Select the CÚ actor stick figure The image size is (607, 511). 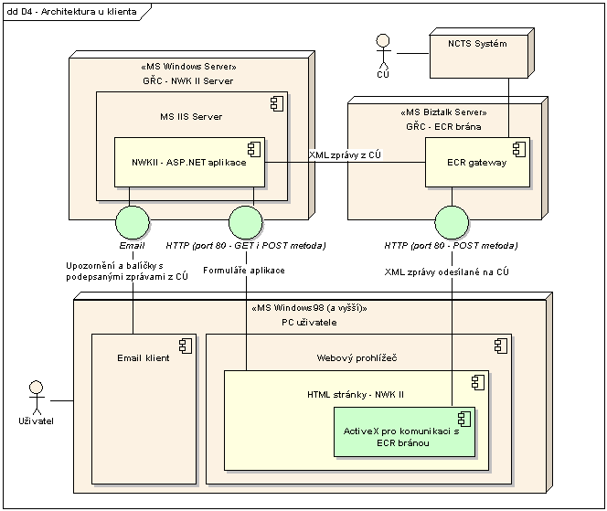tap(383, 54)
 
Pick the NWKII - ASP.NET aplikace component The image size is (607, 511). tap(189, 162)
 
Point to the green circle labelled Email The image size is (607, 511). tap(133, 222)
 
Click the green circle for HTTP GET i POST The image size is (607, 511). tap(245, 222)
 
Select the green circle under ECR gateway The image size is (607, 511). tap(453, 222)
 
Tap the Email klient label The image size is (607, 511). tap(144, 358)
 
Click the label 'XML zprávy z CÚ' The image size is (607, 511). tap(346, 156)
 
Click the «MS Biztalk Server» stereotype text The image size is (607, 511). tap(442, 113)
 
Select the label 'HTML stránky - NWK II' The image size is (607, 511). tap(357, 394)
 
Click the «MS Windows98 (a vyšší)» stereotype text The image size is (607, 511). tap(307, 308)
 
